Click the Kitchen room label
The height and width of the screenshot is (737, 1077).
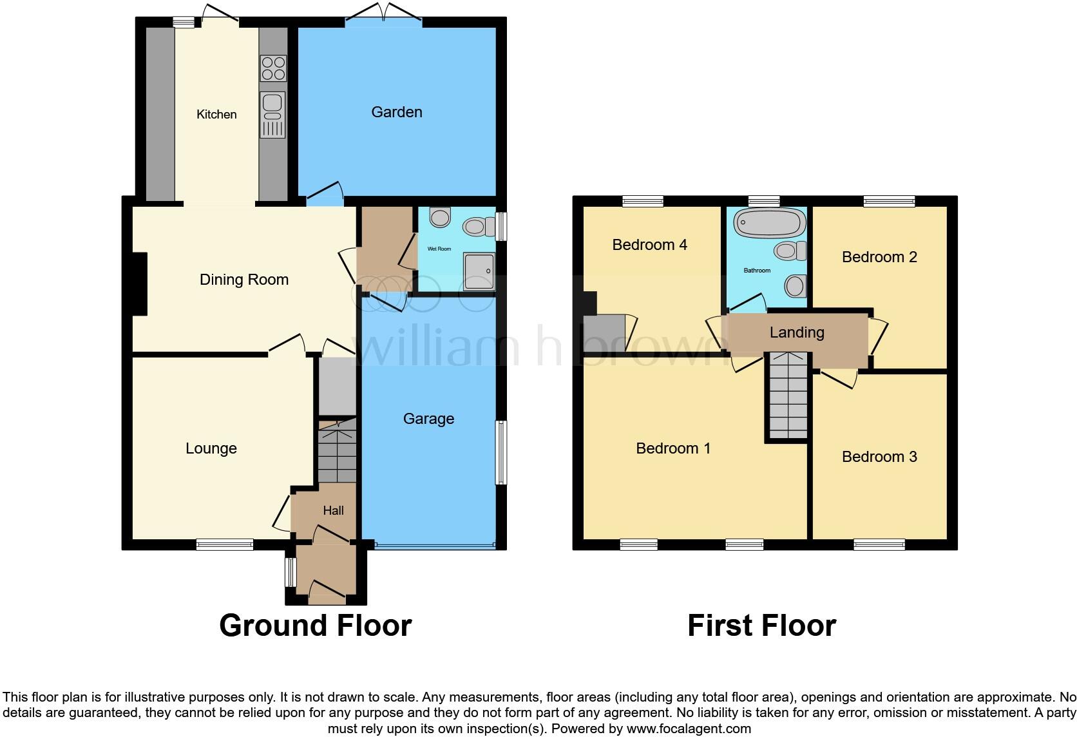pos(216,115)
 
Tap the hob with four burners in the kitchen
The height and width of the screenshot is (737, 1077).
pos(273,68)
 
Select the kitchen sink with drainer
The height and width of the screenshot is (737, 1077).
pos(272,115)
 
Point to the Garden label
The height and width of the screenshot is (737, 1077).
pos(397,112)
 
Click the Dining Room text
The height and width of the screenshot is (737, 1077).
pos(243,280)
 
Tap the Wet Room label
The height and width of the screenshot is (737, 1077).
pos(439,249)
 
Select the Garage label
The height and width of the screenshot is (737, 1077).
pos(428,419)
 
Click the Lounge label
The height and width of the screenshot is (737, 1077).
pos(211,448)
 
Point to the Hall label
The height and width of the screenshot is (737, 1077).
pos(333,511)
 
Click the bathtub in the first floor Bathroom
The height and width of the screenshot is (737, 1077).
pos(770,223)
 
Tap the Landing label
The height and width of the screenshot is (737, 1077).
pos(797,332)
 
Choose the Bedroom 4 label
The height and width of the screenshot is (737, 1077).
pos(649,245)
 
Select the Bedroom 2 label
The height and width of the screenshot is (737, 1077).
pos(879,257)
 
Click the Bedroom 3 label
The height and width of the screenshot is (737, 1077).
pos(879,457)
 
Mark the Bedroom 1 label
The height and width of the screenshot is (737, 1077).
pos(673,448)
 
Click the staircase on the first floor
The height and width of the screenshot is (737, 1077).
pos(787,396)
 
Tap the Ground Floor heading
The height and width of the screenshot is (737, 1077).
pos(315,626)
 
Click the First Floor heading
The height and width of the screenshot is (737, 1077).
pos(761,626)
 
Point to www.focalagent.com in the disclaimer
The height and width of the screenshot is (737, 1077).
pos(688,729)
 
